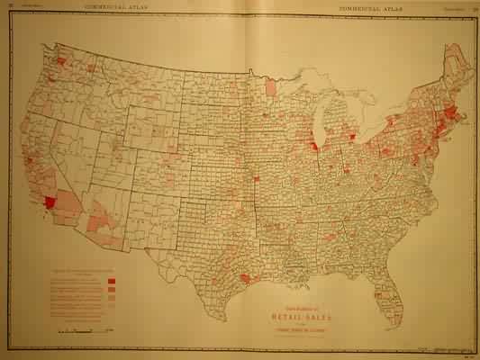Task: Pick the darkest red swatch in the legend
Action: click(111, 282)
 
